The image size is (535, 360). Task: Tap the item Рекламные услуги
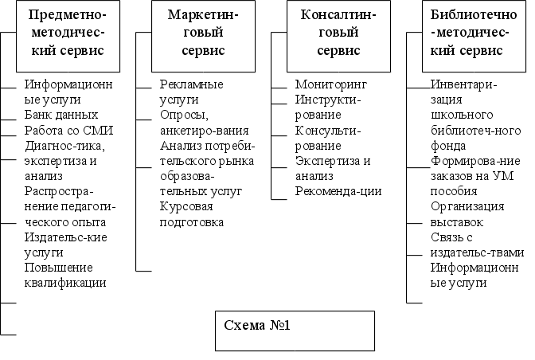tap(190, 92)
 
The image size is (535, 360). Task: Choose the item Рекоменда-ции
tap(338, 191)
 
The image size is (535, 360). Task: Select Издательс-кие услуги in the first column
tap(66, 244)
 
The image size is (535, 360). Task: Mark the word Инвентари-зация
tap(463, 92)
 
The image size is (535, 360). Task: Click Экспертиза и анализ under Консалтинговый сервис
tap(332, 168)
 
